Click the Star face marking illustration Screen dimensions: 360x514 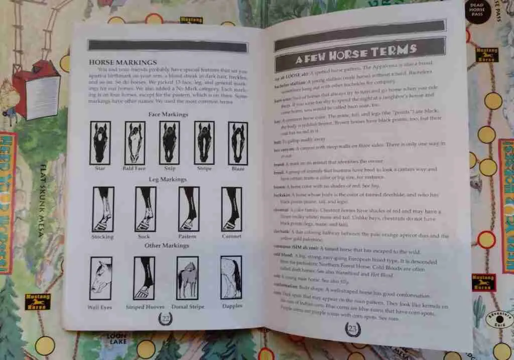100,143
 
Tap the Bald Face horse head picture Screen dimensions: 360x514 135,143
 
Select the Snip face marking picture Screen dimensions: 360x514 169,143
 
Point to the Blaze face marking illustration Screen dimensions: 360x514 238,143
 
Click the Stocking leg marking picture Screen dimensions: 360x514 103,209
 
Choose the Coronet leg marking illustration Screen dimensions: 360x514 231,209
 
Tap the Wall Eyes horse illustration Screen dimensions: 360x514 100,278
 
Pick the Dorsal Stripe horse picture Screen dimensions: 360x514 187,278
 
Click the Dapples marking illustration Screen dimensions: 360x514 231,277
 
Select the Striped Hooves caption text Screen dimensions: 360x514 145,307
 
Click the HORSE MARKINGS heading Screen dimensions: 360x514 122,62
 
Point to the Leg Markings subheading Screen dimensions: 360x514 168,179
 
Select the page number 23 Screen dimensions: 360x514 353,329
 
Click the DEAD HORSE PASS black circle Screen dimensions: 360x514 477,10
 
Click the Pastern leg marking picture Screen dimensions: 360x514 189,209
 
